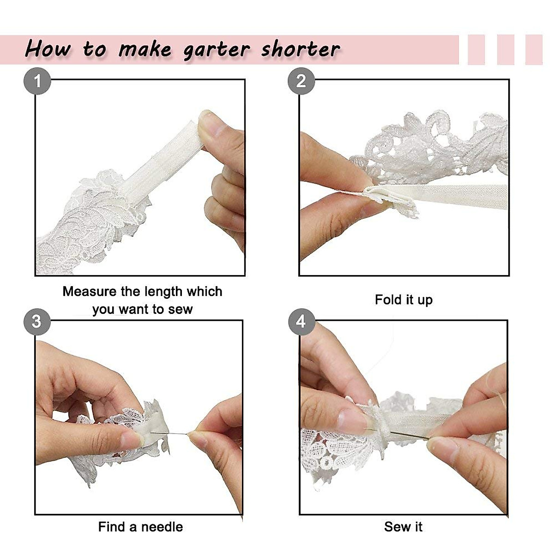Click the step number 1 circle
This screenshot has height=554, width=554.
[37, 81]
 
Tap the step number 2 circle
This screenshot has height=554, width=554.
[301, 81]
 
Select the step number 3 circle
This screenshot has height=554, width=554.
[37, 321]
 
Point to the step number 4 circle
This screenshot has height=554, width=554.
[301, 321]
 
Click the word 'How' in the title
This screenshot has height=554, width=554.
[48, 49]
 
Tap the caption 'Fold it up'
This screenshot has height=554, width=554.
[403, 300]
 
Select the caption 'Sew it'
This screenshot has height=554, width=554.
[403, 527]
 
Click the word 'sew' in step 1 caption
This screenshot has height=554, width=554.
[180, 309]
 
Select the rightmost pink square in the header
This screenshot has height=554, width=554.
[534, 49]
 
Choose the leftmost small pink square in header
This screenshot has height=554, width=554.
[476, 49]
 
